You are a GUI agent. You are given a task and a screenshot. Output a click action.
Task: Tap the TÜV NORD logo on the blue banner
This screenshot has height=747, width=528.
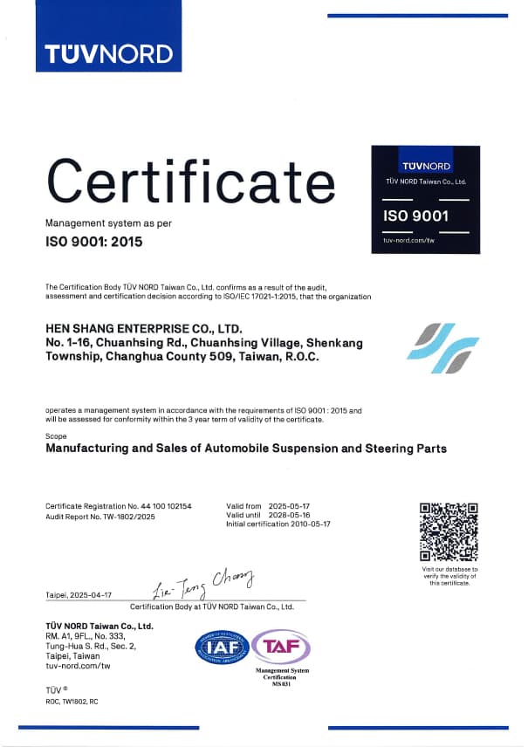[109, 53]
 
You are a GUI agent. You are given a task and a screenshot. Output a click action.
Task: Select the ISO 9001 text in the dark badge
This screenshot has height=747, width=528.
[415, 215]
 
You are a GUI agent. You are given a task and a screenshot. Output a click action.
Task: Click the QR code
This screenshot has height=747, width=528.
[449, 531]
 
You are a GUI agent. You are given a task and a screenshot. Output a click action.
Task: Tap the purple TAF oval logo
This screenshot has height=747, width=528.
[281, 647]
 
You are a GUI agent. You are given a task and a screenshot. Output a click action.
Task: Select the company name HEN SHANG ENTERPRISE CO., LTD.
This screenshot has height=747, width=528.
[143, 329]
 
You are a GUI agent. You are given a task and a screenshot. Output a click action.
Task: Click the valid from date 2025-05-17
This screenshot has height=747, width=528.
[294, 506]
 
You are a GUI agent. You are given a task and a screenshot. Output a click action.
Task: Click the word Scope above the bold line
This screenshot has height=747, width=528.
[54, 435]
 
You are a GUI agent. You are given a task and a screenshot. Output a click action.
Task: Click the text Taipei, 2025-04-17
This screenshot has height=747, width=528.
[79, 594]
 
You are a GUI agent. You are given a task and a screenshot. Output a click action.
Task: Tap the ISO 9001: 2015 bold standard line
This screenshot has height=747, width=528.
[93, 241]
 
